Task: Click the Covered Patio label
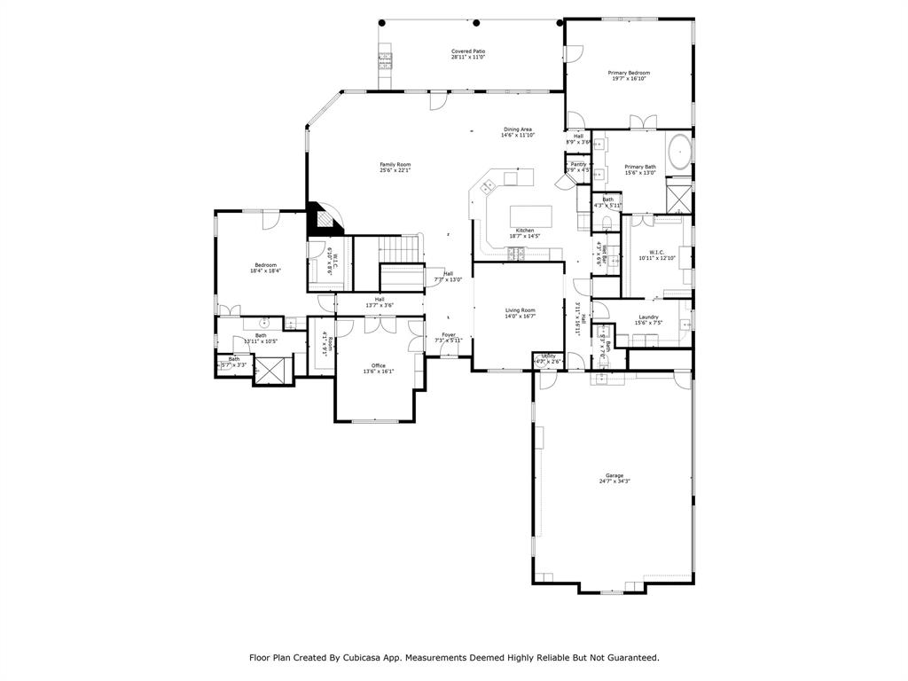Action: click(x=468, y=51)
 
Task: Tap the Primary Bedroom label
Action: click(x=629, y=73)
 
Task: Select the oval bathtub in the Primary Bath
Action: click(x=679, y=152)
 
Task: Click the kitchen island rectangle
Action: click(x=530, y=217)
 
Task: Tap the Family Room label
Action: click(x=395, y=164)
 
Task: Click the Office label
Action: click(x=379, y=365)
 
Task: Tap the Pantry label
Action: click(x=578, y=164)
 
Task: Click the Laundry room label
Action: click(x=648, y=317)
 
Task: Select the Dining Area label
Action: click(x=518, y=129)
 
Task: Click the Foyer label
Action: click(x=449, y=334)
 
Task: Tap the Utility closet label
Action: click(x=548, y=356)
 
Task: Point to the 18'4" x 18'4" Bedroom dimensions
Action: click(x=266, y=270)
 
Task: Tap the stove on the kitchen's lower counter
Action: click(x=516, y=255)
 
